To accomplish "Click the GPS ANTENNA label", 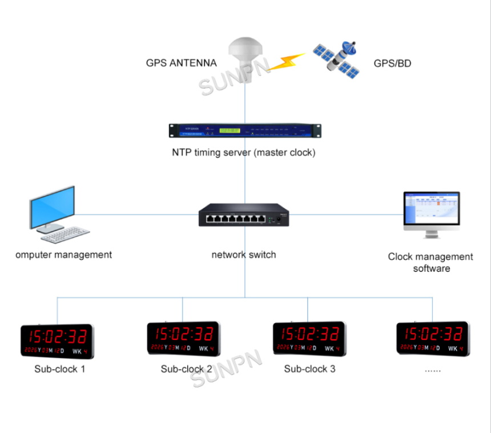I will (181, 63).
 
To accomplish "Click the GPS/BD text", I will (392, 63).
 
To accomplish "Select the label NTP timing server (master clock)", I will (244, 153).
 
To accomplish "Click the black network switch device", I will (244, 215).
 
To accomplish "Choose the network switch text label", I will (244, 255).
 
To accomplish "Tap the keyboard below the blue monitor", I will (65, 233).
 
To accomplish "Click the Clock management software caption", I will (430, 263).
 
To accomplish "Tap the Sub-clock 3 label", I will (309, 369).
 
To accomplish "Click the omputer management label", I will (64, 255).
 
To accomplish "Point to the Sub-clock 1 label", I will (60, 369).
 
